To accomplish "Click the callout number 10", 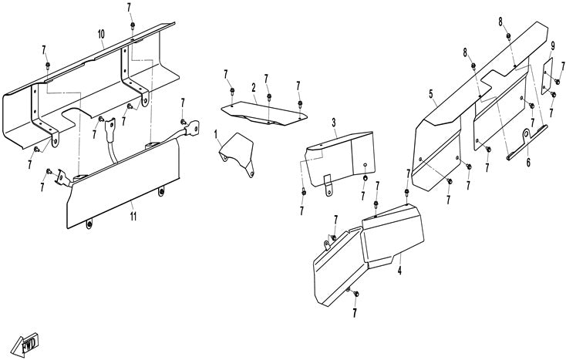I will [x=101, y=35].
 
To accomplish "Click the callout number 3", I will [x=334, y=123].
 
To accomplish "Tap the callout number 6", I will [x=528, y=163].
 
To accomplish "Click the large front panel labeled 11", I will [x=123, y=189].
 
